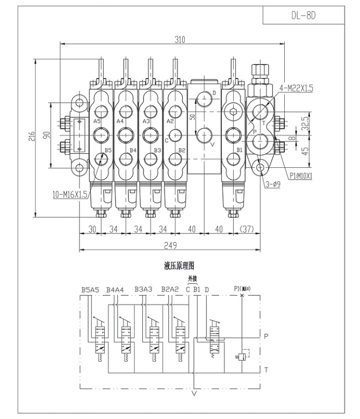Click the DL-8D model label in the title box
304,15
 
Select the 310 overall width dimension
179,39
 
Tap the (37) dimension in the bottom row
247,229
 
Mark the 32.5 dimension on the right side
306,120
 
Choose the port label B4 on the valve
133,150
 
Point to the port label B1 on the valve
240,150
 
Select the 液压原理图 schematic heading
179,265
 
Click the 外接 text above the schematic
192,278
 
